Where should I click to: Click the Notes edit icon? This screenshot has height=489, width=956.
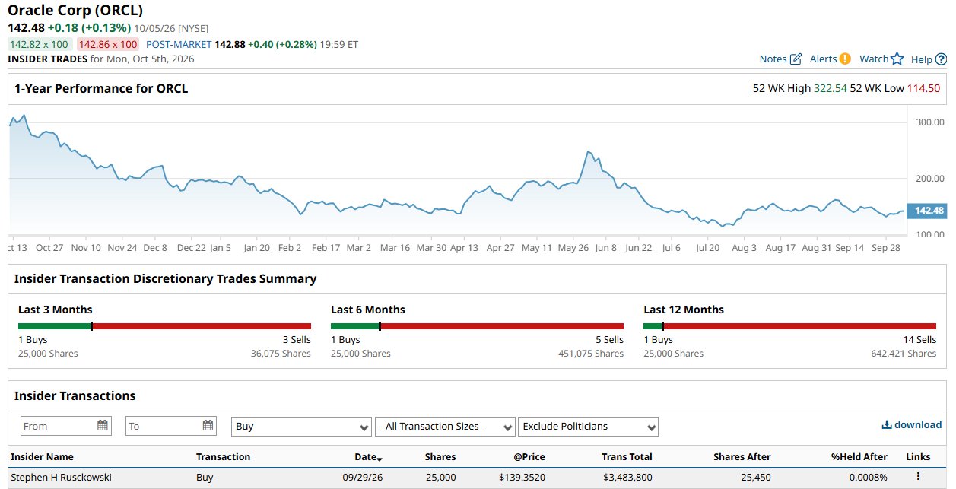796,59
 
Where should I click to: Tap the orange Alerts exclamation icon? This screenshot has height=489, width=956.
845,59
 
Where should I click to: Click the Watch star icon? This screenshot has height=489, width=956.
897,59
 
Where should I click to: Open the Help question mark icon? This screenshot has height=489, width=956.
941,59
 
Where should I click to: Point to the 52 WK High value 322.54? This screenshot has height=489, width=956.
830,88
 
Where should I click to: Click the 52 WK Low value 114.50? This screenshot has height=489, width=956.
923,88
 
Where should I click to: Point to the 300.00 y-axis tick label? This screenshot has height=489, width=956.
929,122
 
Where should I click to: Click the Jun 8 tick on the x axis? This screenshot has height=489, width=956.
605,237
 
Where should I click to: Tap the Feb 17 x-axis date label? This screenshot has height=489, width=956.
326,248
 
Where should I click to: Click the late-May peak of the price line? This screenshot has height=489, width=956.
589,151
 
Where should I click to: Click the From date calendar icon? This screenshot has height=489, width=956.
103,425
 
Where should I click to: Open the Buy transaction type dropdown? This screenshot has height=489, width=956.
301,427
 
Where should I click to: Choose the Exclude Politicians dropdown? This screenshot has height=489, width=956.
588,427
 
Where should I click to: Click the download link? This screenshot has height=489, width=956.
912,424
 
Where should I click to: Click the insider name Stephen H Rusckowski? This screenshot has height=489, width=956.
61,477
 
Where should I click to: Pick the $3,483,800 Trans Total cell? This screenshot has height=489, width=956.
627,477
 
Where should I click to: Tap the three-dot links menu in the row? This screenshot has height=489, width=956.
918,476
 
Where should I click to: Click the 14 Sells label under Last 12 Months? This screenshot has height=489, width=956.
919,340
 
